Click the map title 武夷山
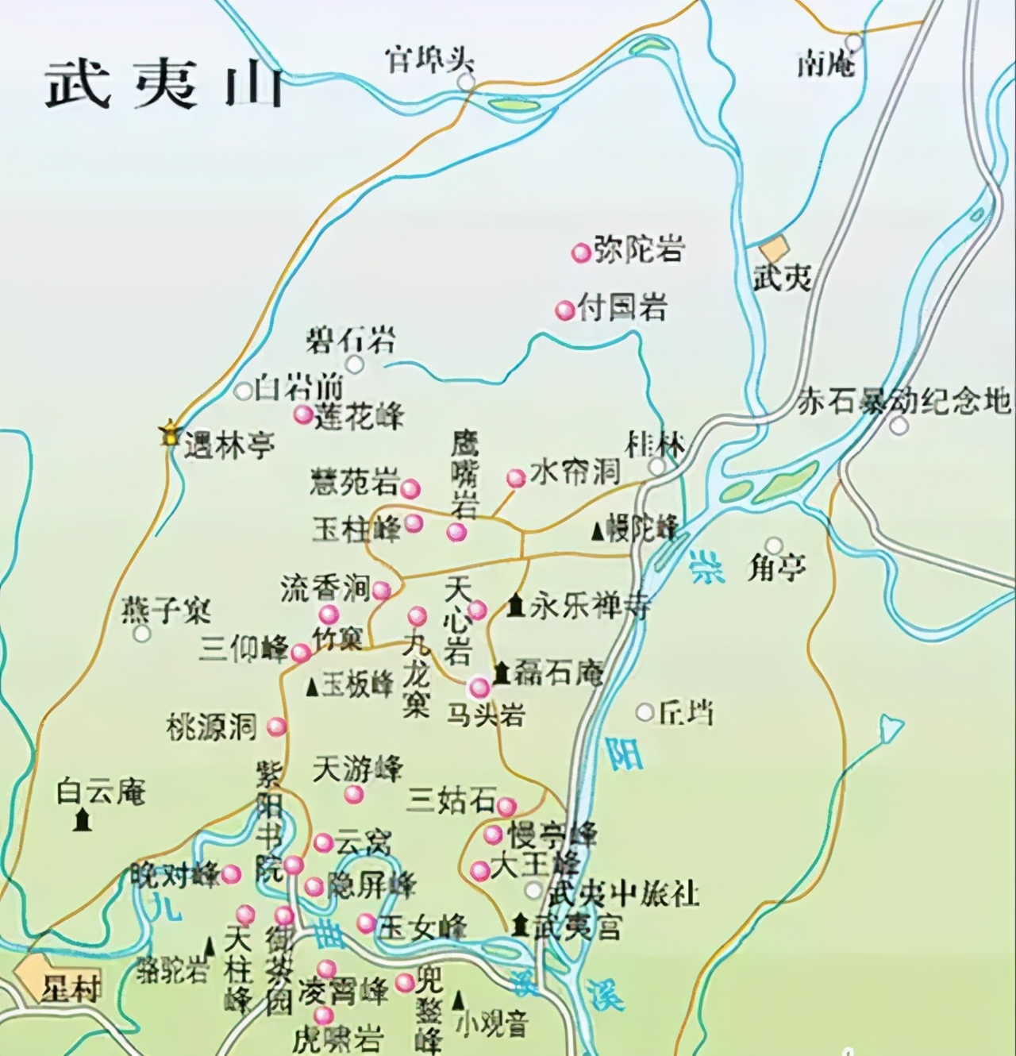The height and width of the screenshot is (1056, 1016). [164, 85]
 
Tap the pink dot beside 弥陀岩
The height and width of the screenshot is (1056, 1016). [581, 252]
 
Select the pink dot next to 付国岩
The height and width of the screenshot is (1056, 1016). [564, 310]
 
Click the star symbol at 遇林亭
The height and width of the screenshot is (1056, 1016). [169, 434]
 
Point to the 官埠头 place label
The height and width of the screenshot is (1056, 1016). [429, 60]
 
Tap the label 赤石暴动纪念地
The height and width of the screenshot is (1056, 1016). [903, 402]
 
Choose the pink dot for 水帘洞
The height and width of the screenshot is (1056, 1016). [516, 478]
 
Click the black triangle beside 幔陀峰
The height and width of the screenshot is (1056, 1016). [597, 531]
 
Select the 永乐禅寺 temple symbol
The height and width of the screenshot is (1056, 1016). [517, 607]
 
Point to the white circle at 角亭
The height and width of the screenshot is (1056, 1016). [774, 546]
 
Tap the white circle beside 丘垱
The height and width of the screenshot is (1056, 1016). [645, 712]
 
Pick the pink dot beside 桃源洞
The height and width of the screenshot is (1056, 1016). [276, 726]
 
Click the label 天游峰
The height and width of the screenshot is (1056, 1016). [358, 768]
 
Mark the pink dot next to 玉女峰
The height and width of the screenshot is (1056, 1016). [366, 923]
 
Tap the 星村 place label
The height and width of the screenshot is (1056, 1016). [71, 989]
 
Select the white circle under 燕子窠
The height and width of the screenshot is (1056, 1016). [142, 634]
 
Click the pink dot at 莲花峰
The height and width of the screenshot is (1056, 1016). [302, 414]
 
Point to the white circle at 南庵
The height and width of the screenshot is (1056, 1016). [853, 41]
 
